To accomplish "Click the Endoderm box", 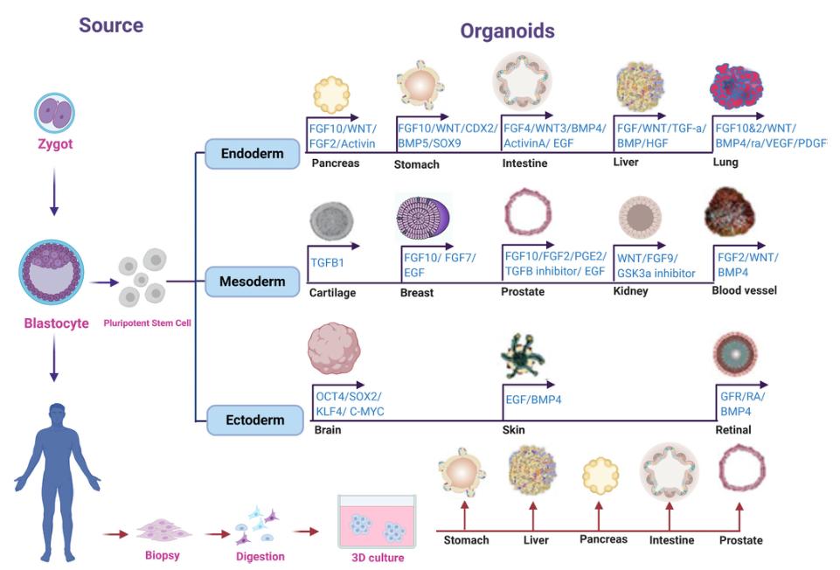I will point(253,154).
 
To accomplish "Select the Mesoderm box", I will point(253,282).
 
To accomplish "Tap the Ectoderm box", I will point(253,420).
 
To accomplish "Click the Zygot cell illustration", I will point(54,114).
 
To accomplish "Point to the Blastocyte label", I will point(56,323).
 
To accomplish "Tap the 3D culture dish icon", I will point(377,521).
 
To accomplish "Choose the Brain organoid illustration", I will point(335,349).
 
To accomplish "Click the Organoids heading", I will point(508,32).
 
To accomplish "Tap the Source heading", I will point(111,25).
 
